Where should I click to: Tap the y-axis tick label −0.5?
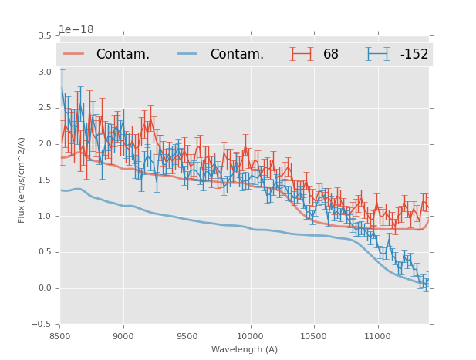tap(46, 325)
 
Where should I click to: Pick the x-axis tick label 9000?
tap(123, 337)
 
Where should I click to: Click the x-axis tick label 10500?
tap(314, 337)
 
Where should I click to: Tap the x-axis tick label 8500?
tap(60, 337)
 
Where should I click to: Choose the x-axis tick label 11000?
tap(377, 337)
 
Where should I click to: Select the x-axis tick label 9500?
tap(187, 337)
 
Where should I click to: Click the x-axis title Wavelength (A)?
tap(244, 349)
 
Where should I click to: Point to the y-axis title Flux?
tap(22, 180)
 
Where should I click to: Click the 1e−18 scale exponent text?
tap(76, 30)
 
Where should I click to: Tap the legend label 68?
tap(331, 55)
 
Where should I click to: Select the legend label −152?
tap(414, 55)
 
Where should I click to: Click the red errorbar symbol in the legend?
tap(302, 54)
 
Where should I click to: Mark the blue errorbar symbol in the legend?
tap(377, 54)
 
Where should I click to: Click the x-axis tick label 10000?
tap(250, 337)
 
